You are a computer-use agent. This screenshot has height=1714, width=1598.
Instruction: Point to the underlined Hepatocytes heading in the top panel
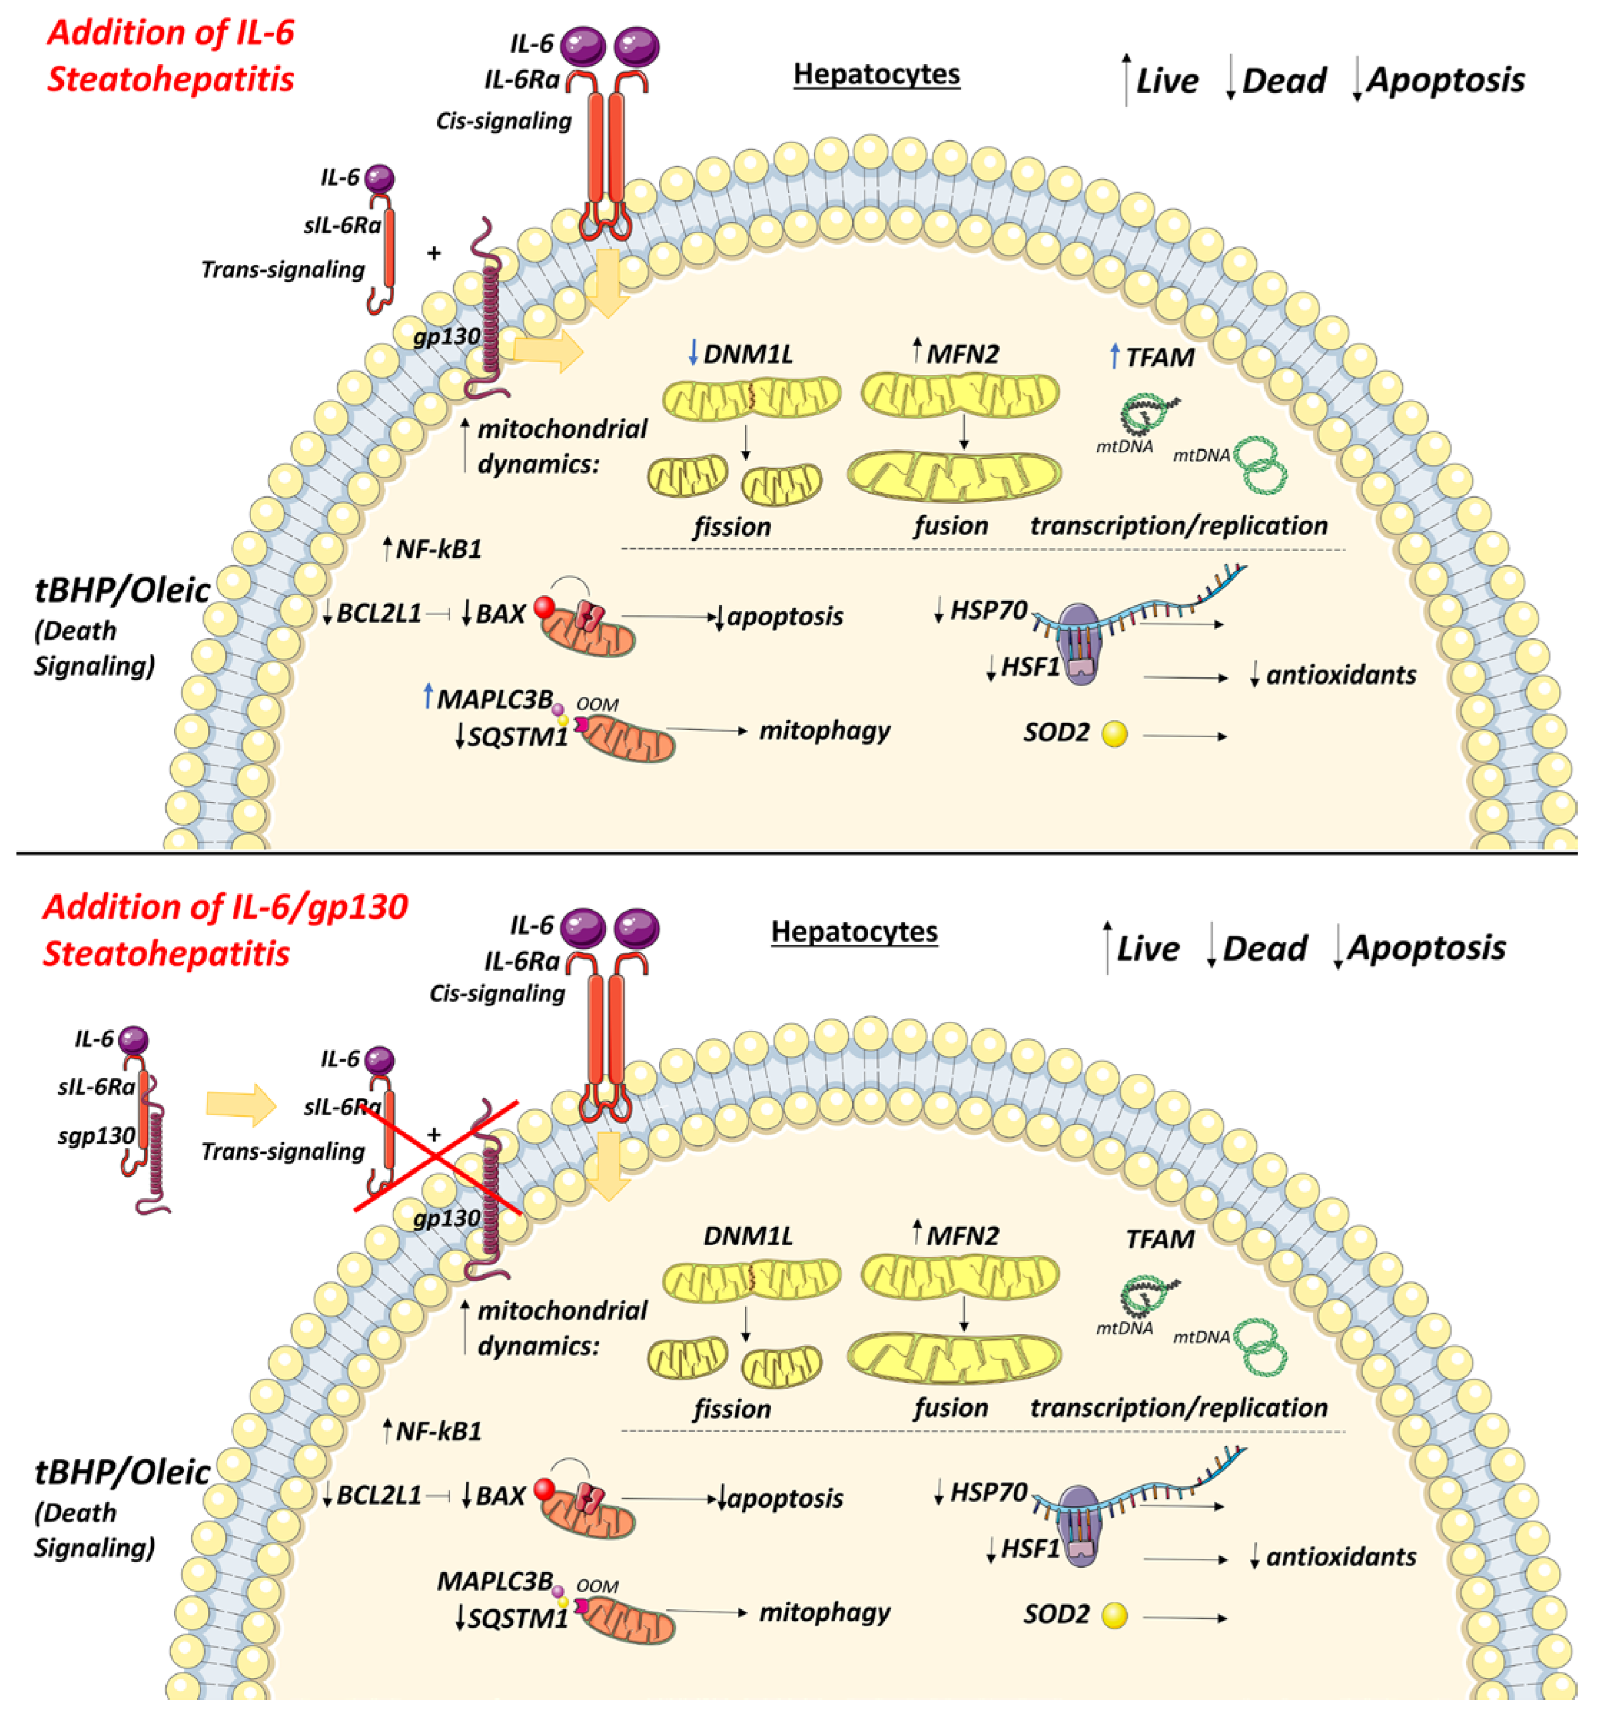pyautogui.click(x=877, y=74)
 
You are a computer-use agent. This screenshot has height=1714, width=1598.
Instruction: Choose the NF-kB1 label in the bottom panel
pyautogui.click(x=438, y=1431)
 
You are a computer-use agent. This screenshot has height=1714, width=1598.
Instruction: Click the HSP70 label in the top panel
pyautogui.click(x=988, y=611)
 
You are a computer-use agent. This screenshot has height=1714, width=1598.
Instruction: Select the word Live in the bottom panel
pyautogui.click(x=1148, y=948)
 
